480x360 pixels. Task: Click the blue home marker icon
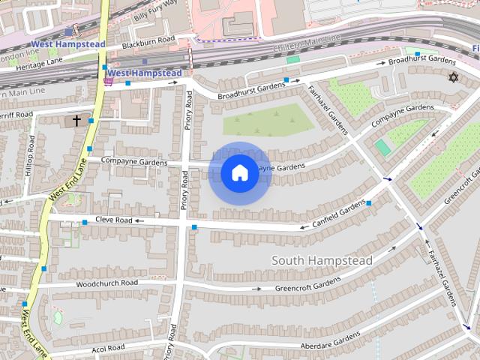coord(239,173)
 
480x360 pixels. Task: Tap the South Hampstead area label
coord(322,260)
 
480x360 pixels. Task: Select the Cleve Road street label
coord(113,220)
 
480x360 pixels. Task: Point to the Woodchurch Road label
coord(106,283)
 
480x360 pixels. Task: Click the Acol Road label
coord(108,348)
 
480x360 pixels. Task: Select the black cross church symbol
coord(76,120)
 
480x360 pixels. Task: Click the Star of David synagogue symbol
coord(452,77)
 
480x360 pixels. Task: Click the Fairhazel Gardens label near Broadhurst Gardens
coord(328,112)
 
